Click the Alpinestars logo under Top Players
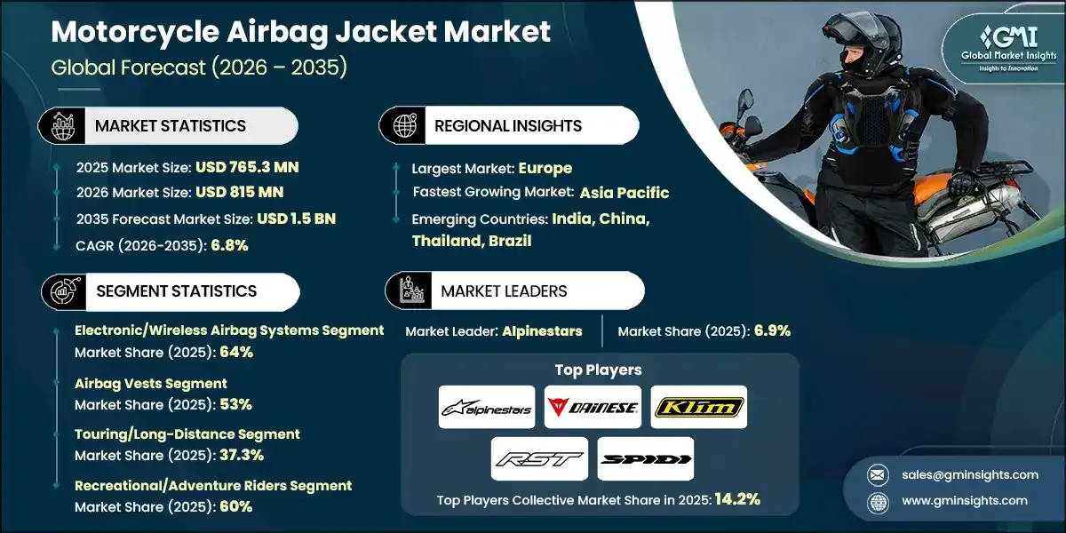click(487, 408)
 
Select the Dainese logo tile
click(593, 408)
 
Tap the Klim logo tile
click(699, 408)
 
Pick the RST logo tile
click(539, 459)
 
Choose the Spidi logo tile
click(646, 459)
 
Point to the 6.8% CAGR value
click(229, 244)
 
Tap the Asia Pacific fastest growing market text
click(624, 193)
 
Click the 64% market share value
click(237, 352)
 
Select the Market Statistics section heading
click(170, 126)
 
